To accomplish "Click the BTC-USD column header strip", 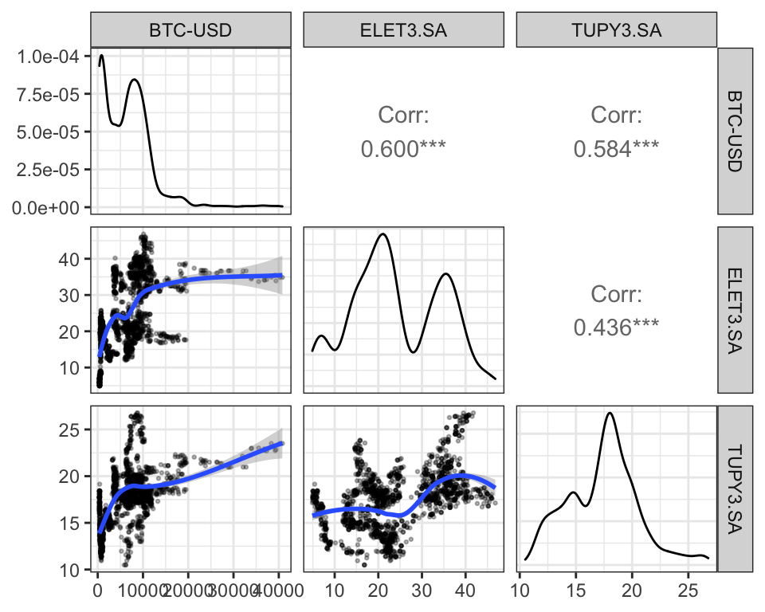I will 191,31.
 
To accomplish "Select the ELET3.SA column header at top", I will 404,31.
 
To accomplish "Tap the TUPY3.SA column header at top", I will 617,31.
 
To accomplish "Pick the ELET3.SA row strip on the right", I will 735,310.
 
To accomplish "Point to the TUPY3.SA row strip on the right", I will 735,488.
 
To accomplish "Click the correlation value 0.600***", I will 404,149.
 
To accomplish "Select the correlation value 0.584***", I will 617,149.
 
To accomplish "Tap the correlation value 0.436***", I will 617,328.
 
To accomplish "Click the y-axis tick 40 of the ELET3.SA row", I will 70,259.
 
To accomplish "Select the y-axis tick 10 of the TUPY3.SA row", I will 70,570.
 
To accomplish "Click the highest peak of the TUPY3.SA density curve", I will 610,413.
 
